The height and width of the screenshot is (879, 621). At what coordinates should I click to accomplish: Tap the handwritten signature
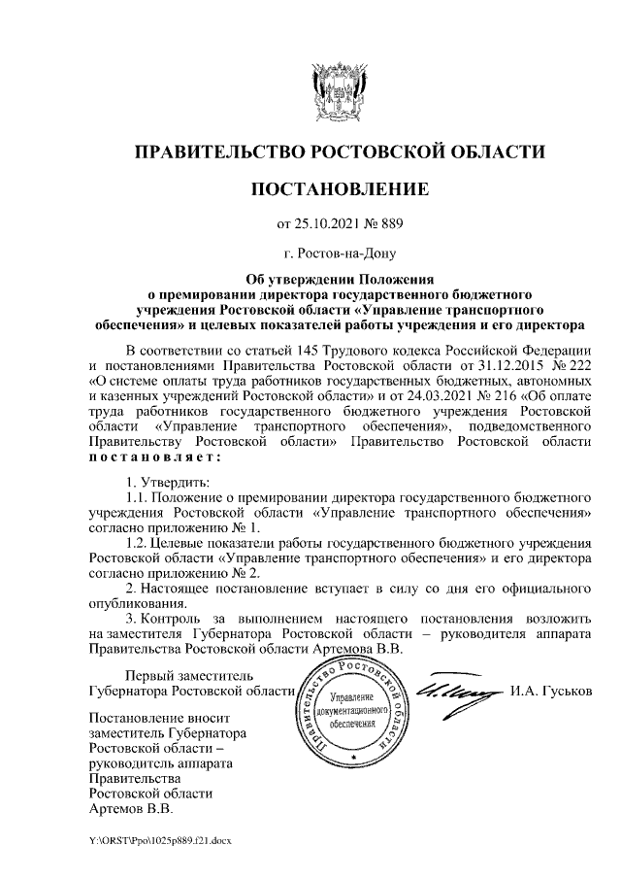point(457,692)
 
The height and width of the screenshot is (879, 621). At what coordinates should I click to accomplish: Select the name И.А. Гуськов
point(548,692)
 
